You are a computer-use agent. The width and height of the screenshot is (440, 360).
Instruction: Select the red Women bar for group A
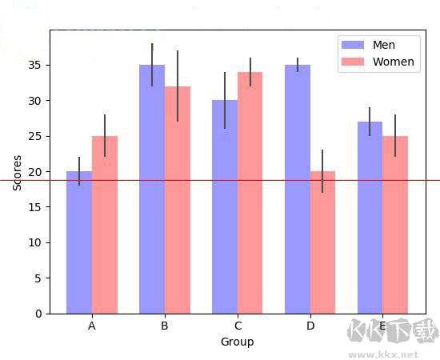[x=105, y=225]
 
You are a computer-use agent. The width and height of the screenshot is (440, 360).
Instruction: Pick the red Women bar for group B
[x=178, y=200]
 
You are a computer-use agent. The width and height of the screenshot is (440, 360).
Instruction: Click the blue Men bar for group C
[x=225, y=207]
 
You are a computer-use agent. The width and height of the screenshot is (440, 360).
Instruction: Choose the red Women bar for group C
[x=250, y=193]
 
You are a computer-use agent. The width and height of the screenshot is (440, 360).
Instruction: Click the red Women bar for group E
[x=395, y=225]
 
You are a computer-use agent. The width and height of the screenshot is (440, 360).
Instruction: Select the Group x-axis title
[x=238, y=342]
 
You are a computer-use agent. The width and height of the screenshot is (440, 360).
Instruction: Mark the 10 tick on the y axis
[x=36, y=242]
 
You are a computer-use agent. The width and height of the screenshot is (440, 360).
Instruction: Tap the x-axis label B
[x=164, y=326]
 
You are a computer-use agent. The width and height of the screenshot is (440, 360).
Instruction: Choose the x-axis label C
[x=238, y=326]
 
